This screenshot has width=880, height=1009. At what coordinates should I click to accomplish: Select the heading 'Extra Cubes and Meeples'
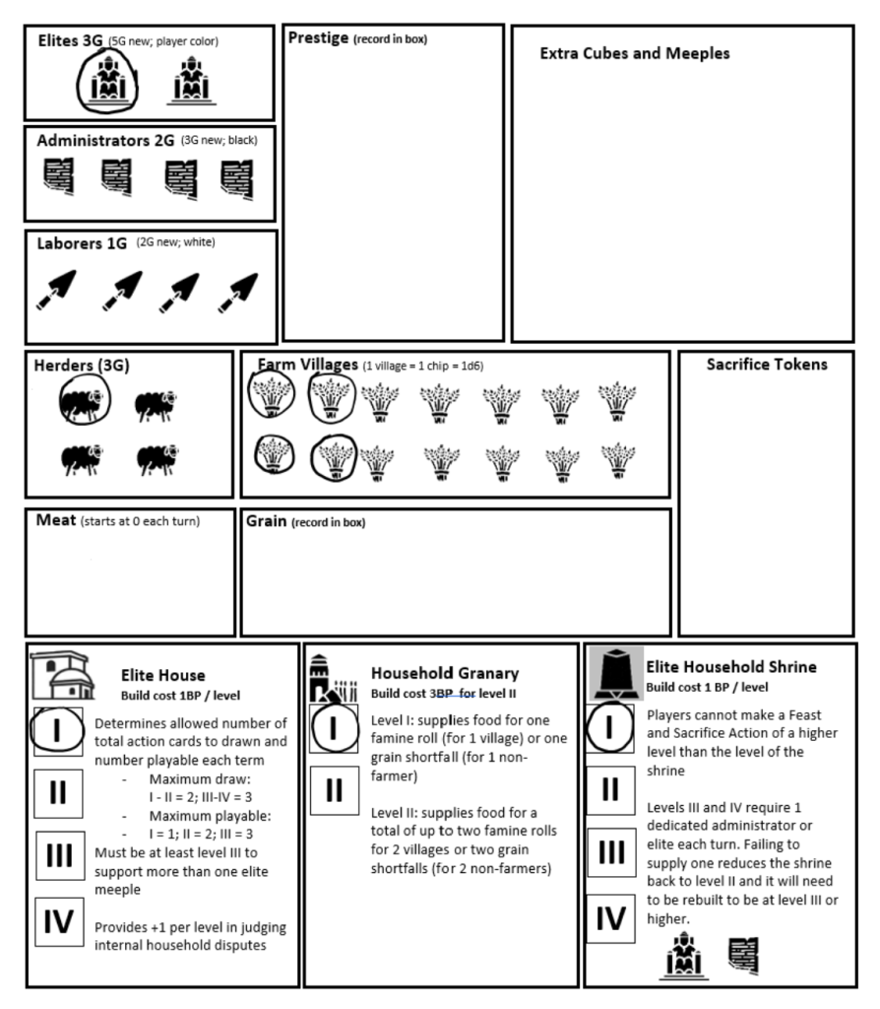(x=635, y=54)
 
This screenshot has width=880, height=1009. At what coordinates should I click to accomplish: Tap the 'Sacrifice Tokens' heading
(x=767, y=365)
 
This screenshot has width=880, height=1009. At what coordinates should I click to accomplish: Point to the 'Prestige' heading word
(x=318, y=38)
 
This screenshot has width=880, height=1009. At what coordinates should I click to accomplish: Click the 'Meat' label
(x=55, y=520)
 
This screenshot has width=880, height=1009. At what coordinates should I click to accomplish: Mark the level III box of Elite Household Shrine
(x=611, y=853)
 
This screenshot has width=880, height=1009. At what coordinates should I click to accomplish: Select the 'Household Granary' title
(x=444, y=673)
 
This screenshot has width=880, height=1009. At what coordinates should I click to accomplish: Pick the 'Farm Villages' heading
(x=308, y=366)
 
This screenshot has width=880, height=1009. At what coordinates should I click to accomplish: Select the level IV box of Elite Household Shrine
(x=611, y=918)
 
